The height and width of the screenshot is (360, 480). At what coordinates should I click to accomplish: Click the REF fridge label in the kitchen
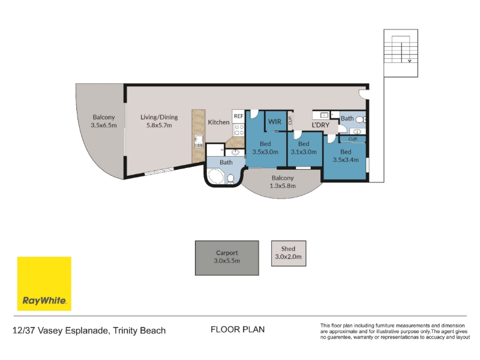(x=238, y=116)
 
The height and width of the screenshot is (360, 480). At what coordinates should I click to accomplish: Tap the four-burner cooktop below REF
(x=239, y=130)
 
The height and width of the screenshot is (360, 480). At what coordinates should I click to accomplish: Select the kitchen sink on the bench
(x=199, y=141)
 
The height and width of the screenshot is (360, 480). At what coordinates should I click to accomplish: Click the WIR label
(x=275, y=122)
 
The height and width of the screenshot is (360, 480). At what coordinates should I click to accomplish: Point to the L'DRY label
(x=320, y=125)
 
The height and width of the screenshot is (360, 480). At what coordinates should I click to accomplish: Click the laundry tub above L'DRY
(x=324, y=115)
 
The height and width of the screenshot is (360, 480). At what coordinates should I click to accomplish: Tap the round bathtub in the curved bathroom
(x=216, y=176)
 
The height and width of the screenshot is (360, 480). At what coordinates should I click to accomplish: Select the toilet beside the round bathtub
(x=230, y=178)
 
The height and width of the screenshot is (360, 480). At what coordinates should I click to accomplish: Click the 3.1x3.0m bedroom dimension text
(x=304, y=152)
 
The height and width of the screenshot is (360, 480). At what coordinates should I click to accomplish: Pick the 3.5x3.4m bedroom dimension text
(x=346, y=160)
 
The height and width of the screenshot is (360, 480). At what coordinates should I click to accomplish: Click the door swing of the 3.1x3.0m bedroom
(x=298, y=134)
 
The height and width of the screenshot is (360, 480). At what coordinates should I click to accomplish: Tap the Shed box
(x=289, y=253)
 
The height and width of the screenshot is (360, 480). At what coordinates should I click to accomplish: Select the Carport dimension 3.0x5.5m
(x=227, y=261)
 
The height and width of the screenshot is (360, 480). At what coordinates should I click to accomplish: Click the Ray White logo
(x=44, y=284)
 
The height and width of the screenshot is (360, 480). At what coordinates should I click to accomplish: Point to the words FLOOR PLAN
(x=238, y=329)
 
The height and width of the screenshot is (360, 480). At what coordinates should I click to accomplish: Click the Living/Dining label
(x=159, y=117)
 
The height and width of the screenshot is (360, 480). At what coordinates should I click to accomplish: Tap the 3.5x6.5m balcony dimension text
(x=104, y=125)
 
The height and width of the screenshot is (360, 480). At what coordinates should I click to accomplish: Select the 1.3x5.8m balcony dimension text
(x=283, y=186)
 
